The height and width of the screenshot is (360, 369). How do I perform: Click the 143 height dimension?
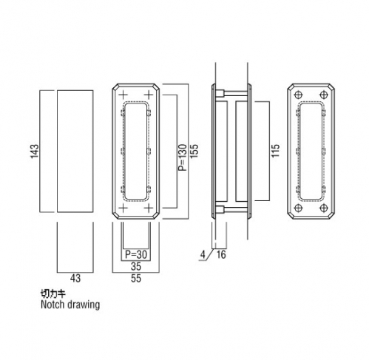coord(35,152)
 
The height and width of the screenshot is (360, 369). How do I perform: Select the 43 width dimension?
coord(75,278)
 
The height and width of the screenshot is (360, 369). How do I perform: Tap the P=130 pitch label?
coord(183,157)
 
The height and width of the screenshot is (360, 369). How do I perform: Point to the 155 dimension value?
coord(194,151)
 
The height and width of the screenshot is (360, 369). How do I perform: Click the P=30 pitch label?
coord(136,254)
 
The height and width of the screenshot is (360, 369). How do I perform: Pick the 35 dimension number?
coord(136,266)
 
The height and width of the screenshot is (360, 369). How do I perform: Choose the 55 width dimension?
coord(136,279)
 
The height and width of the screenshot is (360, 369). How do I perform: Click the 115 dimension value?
coord(276,151)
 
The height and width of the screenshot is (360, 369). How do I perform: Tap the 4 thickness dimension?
coord(203,255)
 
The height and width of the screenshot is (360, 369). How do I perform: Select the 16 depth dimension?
coord(221,255)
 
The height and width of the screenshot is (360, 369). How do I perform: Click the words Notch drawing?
coord(70,305)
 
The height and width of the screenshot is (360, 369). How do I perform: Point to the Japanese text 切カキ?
coord(53,293)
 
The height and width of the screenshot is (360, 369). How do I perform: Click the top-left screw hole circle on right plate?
coord(299,95)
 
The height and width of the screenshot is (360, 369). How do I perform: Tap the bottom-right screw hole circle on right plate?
coord(324,208)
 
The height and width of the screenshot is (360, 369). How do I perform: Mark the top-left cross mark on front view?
coord(123,95)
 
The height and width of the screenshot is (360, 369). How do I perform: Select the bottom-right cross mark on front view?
coord(149,208)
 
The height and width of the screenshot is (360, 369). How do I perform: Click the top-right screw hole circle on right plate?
coord(324,95)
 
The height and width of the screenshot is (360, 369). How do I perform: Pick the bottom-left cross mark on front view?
coord(123,208)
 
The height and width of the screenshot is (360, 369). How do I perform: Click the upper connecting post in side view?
coord(231,94)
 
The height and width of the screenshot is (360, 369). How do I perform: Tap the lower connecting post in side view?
coord(231,209)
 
